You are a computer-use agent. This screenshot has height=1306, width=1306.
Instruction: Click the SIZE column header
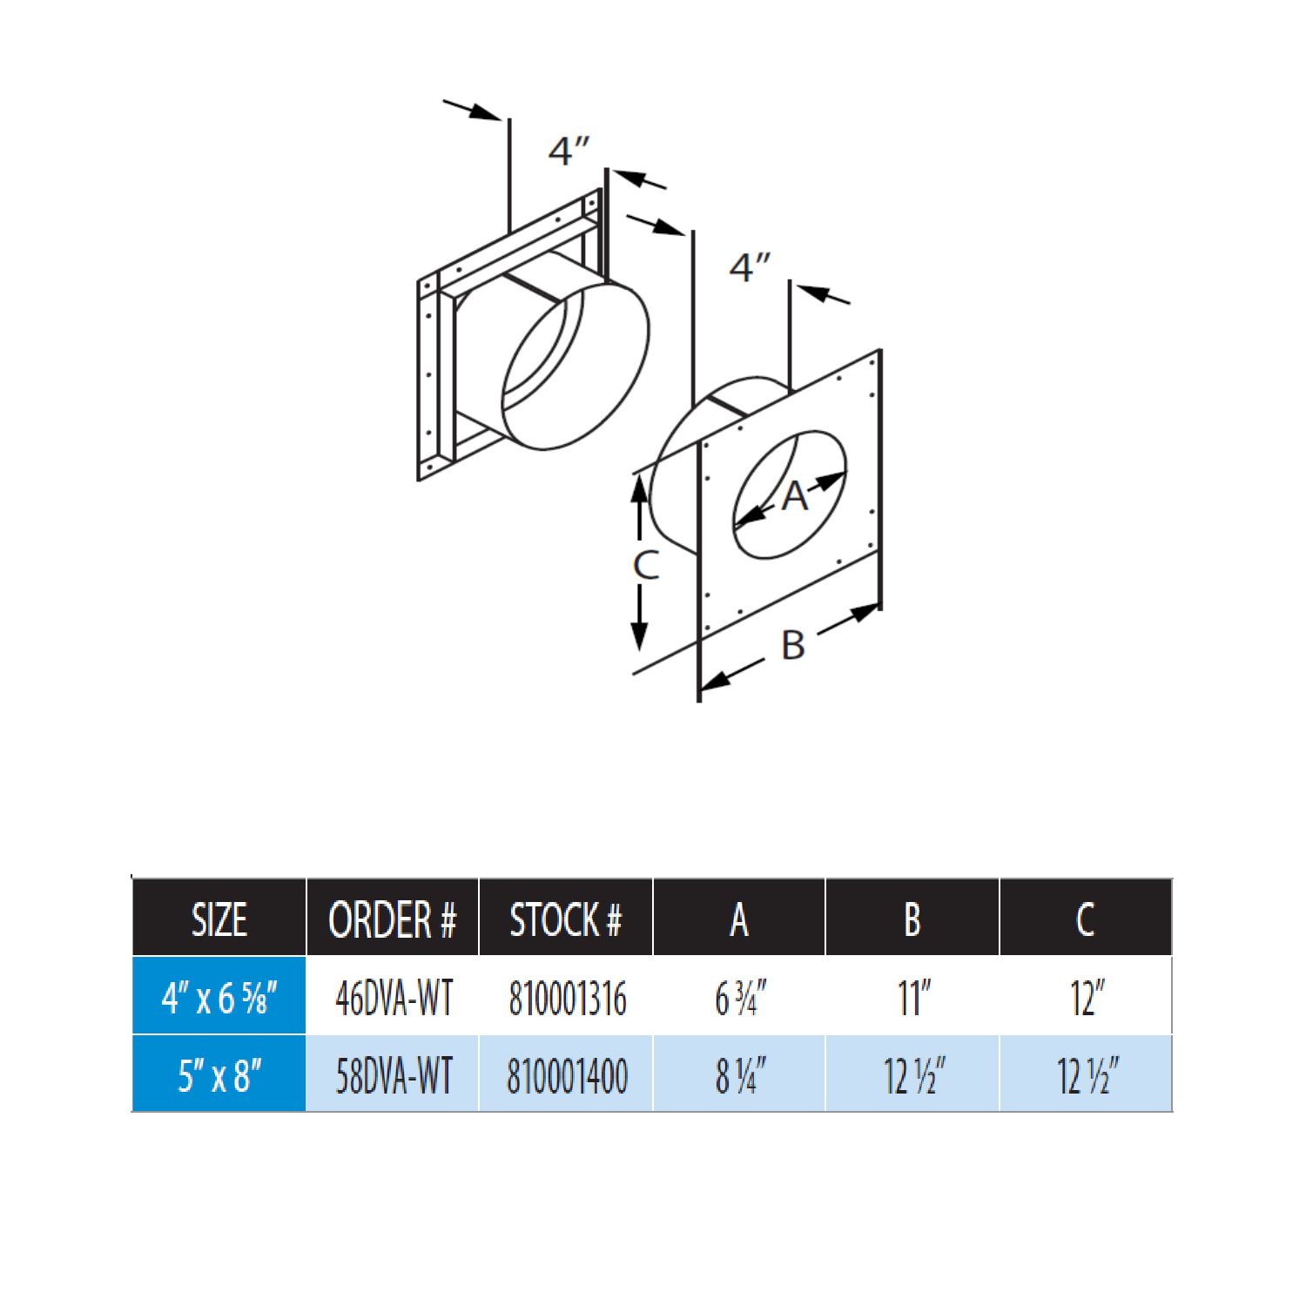(x=219, y=919)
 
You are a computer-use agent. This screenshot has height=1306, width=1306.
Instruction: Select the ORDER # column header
(x=392, y=919)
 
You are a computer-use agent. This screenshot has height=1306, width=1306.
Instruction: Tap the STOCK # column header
(x=566, y=919)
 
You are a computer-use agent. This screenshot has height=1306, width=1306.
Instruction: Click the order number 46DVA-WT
(x=394, y=998)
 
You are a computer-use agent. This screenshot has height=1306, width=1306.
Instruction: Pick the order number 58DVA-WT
(x=394, y=1075)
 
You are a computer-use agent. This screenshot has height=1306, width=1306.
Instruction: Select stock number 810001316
(x=567, y=998)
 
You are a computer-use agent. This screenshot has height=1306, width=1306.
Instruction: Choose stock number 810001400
(x=567, y=1075)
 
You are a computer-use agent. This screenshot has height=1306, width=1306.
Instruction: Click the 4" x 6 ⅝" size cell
(x=219, y=998)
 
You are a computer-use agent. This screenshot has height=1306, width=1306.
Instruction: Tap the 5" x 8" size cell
(x=219, y=1075)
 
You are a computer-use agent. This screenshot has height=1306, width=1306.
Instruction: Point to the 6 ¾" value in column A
(x=740, y=998)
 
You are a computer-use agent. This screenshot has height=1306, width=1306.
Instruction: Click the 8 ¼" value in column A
(x=740, y=1075)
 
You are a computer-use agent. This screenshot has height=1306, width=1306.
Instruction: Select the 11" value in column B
(x=913, y=998)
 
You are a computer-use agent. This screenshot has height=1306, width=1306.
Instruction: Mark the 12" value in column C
(x=1087, y=998)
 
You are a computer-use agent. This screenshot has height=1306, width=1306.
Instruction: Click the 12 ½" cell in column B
(x=913, y=1075)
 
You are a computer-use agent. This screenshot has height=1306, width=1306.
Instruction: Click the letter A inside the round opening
(x=794, y=496)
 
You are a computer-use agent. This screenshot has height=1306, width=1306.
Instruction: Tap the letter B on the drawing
(x=792, y=645)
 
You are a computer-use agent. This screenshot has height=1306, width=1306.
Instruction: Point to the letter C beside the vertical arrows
(x=645, y=565)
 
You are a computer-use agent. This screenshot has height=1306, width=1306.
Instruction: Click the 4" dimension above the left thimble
(x=569, y=151)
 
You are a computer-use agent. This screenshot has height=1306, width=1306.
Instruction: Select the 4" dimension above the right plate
(x=750, y=267)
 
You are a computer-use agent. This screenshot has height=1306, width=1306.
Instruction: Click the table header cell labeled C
(x=1085, y=919)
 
